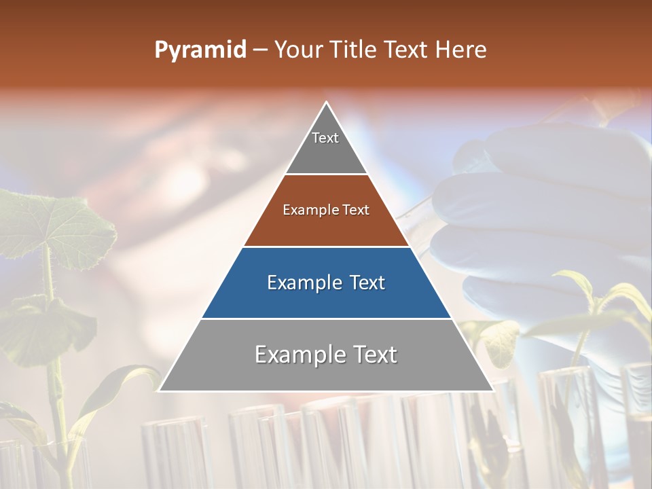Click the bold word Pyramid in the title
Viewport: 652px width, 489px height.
[200, 50]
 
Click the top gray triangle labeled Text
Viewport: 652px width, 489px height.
[326, 146]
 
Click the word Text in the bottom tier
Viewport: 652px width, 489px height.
[374, 355]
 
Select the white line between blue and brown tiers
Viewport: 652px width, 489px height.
[326, 247]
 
